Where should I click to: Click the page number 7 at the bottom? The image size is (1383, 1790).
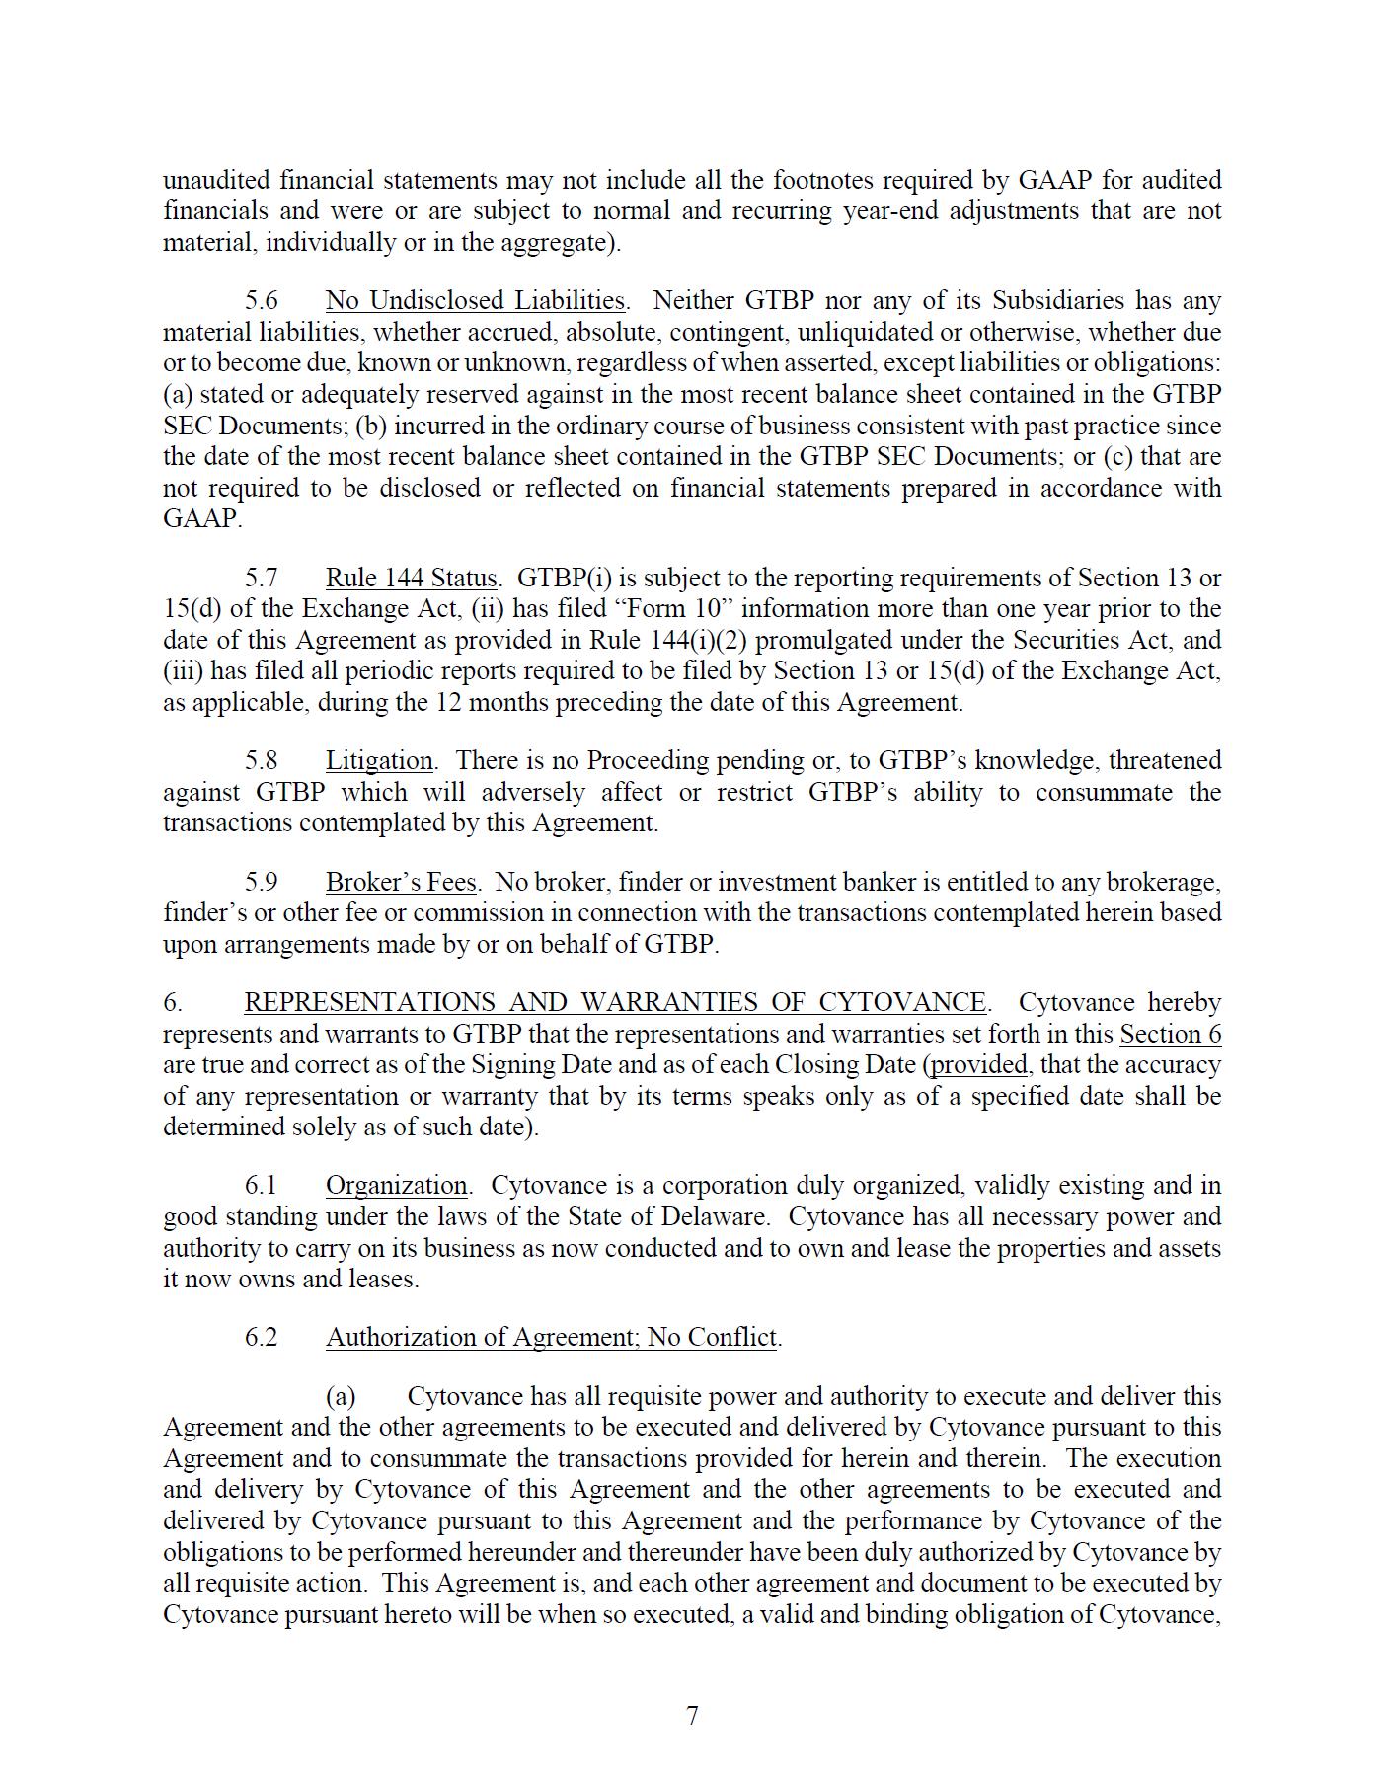[692, 1716]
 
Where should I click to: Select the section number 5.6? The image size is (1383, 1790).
[262, 300]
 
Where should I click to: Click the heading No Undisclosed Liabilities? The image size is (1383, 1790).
[475, 300]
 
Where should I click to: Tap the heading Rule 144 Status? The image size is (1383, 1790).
[411, 578]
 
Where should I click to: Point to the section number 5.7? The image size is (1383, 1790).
[262, 578]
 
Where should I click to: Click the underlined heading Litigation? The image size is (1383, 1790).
[379, 761]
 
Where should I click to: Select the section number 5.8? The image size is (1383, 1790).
[262, 761]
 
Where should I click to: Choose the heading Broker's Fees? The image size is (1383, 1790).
[401, 882]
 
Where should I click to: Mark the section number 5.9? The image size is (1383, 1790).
[262, 882]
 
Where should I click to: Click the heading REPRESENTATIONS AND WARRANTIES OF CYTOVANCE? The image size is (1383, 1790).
[614, 1003]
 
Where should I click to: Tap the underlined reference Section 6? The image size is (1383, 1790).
[1170, 1035]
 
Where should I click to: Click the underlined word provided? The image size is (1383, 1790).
[978, 1065]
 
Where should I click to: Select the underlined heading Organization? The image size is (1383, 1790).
[396, 1186]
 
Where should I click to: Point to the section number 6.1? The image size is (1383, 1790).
[262, 1186]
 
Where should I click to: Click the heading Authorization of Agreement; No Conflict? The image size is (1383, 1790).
[552, 1338]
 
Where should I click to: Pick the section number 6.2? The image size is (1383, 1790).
[262, 1338]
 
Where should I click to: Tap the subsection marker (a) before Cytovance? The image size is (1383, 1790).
[341, 1397]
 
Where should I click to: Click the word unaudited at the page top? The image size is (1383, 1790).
[216, 181]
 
